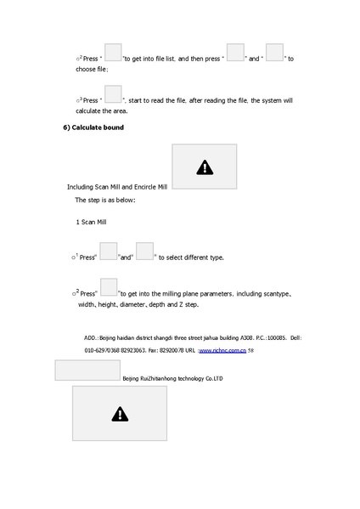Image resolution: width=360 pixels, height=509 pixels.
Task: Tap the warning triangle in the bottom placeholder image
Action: (120, 415)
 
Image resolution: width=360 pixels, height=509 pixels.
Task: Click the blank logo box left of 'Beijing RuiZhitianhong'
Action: (87, 370)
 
